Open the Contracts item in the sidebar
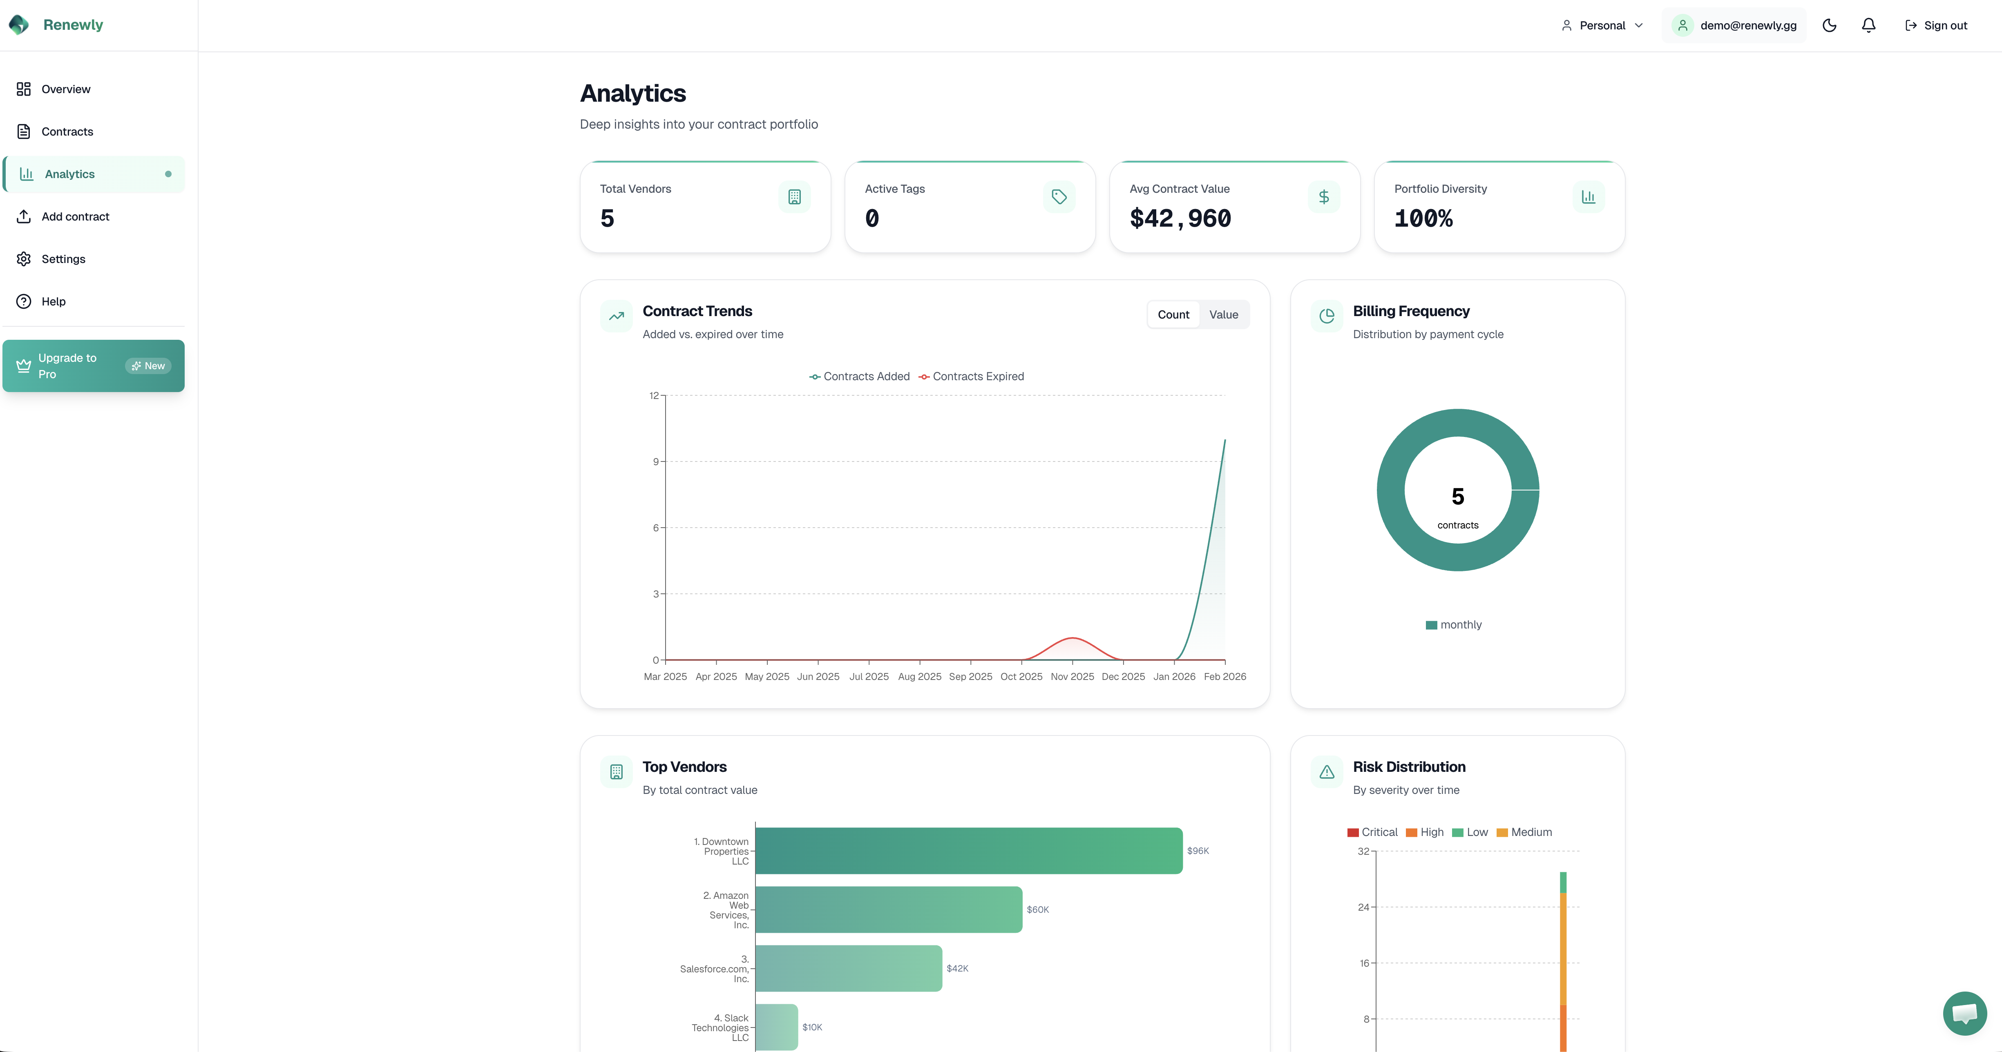[67, 131]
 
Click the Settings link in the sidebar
[63, 259]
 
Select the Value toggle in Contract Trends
[1223, 315]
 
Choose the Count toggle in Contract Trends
[1173, 315]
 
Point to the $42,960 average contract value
[1180, 218]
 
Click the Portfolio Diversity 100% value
[1423, 218]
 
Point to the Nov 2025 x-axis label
[1072, 677]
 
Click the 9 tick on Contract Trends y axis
[655, 461]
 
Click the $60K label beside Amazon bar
[1037, 910]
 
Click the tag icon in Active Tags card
[1059, 196]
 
